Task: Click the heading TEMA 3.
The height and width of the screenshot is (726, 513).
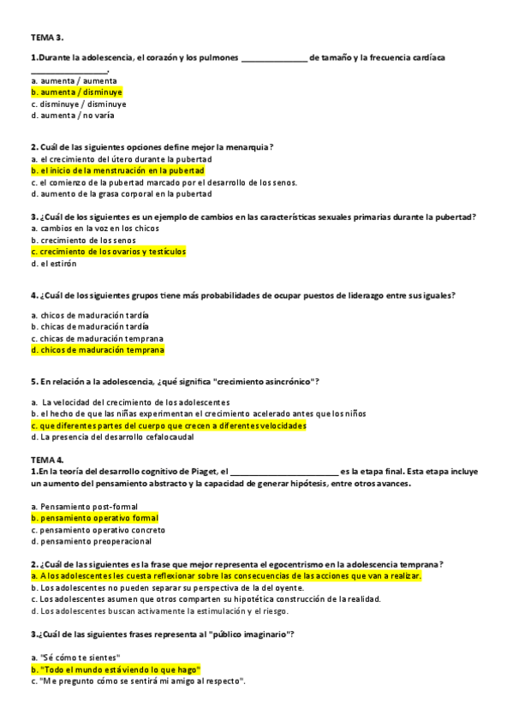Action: (47, 38)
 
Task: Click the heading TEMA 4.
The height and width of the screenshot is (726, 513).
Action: (47, 459)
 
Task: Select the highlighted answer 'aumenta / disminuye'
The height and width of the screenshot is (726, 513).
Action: (76, 92)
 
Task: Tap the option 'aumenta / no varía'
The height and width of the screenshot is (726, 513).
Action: (72, 115)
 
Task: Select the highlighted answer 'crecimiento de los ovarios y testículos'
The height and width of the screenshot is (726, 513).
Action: (108, 252)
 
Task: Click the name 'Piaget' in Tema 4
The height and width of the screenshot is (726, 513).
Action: (204, 471)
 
